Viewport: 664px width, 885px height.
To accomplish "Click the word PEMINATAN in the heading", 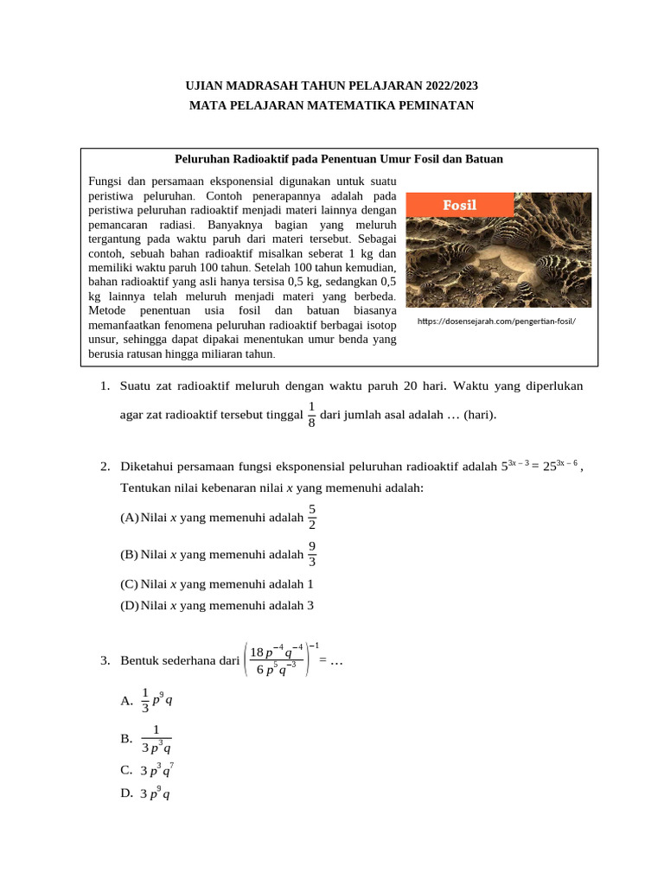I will tap(432, 105).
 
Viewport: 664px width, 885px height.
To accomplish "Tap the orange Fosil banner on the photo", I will tap(460, 205).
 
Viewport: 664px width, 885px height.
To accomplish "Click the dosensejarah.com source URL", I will tap(495, 322).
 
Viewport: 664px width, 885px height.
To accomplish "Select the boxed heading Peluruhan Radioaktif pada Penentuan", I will tap(338, 159).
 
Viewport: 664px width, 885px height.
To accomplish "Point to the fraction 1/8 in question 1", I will tap(311, 414).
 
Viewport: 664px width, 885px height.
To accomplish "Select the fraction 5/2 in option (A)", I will tap(312, 518).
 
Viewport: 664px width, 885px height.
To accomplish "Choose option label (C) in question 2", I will tap(130, 583).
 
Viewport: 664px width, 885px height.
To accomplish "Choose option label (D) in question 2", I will tap(130, 606).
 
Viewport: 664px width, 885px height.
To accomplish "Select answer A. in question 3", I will tap(127, 701).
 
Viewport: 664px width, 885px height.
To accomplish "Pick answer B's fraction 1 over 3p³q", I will tap(156, 739).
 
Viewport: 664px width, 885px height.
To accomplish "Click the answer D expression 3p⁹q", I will tap(155, 793).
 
